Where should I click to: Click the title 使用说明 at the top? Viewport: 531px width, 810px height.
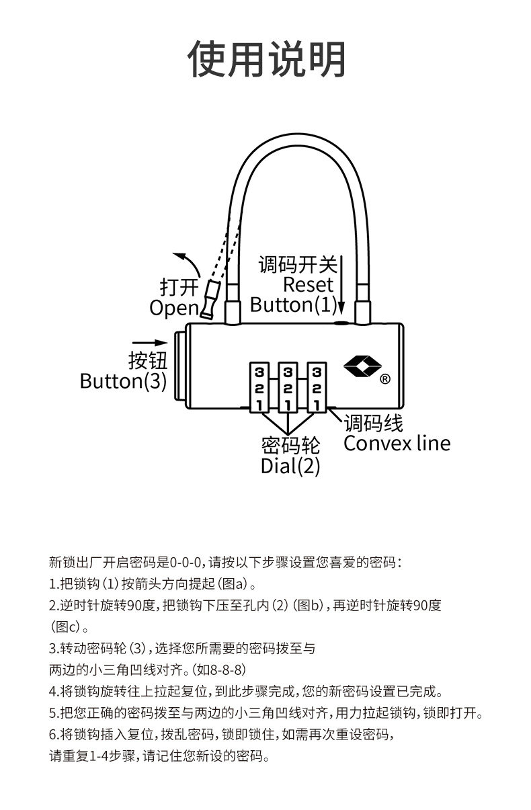pos(266,59)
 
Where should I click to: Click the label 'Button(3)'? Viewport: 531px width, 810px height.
pos(123,381)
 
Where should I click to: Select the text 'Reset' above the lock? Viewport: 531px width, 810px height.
pos(308,285)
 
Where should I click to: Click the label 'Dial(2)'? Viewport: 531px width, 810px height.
pos(290,466)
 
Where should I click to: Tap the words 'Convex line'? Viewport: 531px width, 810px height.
pos(397,444)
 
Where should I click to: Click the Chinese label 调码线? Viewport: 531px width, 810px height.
pos(373,423)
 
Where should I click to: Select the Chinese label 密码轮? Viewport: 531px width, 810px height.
pos(290,445)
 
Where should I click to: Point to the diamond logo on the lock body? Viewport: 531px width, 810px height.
pos(362,367)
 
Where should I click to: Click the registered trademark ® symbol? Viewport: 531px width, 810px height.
pos(385,378)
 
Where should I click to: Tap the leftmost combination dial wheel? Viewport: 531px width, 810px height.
pos(259,388)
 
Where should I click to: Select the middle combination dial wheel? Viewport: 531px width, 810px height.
pos(288,388)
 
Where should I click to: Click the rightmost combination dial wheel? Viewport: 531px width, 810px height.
pos(317,388)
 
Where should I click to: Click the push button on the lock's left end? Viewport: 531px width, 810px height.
pos(179,366)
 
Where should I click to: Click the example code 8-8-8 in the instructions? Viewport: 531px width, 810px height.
pos(227,670)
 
